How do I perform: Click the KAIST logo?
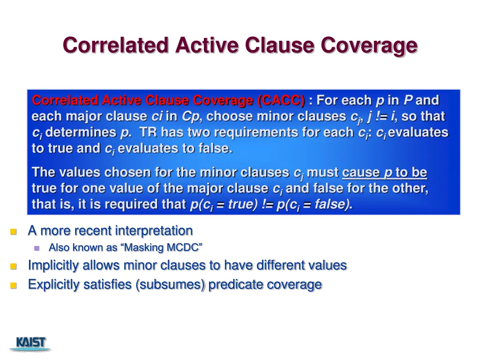click(x=31, y=343)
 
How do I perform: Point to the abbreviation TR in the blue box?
click(x=148, y=133)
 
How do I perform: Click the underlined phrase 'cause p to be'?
click(x=384, y=172)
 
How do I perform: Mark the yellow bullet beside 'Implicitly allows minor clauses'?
click(x=14, y=266)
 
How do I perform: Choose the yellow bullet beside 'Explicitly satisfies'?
click(x=14, y=285)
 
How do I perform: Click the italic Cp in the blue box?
click(x=190, y=117)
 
